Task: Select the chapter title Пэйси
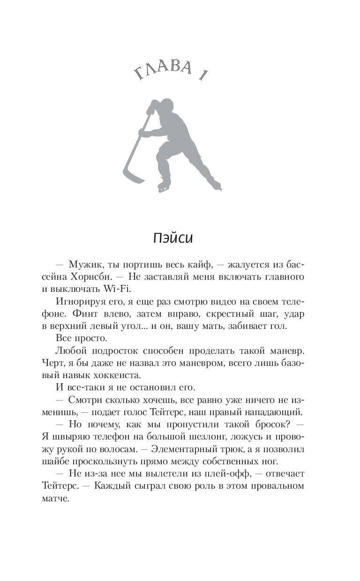point(173,238)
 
